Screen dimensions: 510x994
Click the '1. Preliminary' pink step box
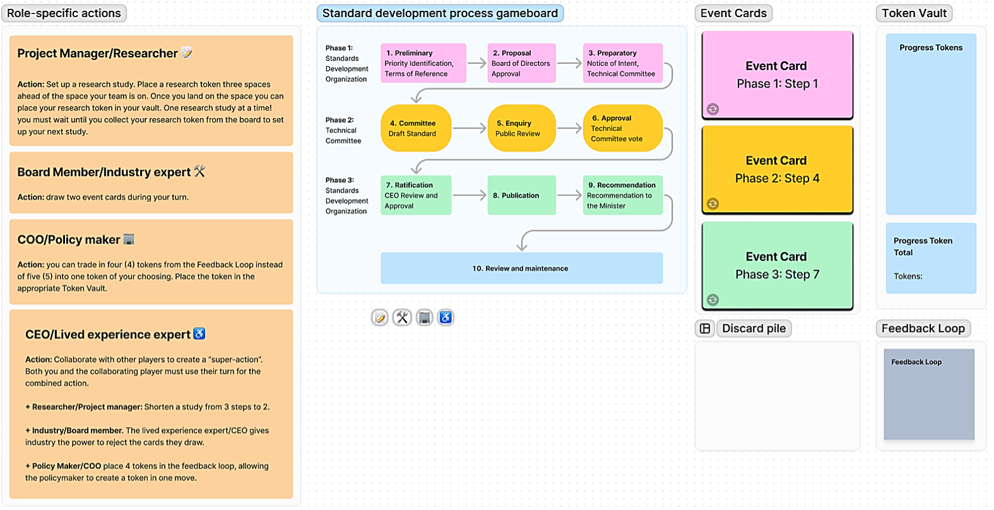click(x=424, y=63)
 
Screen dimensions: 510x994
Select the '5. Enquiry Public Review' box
click(x=522, y=128)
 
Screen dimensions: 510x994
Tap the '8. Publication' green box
click(x=522, y=195)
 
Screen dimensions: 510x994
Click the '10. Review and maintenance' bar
click(x=521, y=268)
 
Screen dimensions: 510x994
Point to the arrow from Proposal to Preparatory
click(x=570, y=62)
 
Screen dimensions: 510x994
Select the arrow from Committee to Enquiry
click(x=470, y=128)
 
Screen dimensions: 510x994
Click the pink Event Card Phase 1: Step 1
click(x=777, y=75)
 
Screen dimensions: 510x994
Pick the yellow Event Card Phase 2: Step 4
click(x=777, y=170)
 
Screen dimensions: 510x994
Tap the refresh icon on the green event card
click(x=713, y=300)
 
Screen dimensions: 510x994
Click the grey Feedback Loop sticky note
click(x=929, y=394)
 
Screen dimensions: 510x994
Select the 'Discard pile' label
click(x=754, y=328)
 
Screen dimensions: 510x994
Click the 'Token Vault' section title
click(x=914, y=13)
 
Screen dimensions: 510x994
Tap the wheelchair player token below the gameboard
click(x=446, y=317)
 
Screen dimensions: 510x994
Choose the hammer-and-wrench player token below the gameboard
click(x=402, y=317)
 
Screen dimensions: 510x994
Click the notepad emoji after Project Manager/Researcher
click(x=187, y=53)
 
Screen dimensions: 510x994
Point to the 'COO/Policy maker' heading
click(x=69, y=240)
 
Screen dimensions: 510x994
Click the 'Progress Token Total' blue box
click(x=931, y=258)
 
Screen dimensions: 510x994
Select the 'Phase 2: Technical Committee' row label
click(x=343, y=130)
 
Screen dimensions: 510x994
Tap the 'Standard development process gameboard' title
click(x=440, y=13)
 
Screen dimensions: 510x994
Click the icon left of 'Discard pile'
click(x=705, y=328)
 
